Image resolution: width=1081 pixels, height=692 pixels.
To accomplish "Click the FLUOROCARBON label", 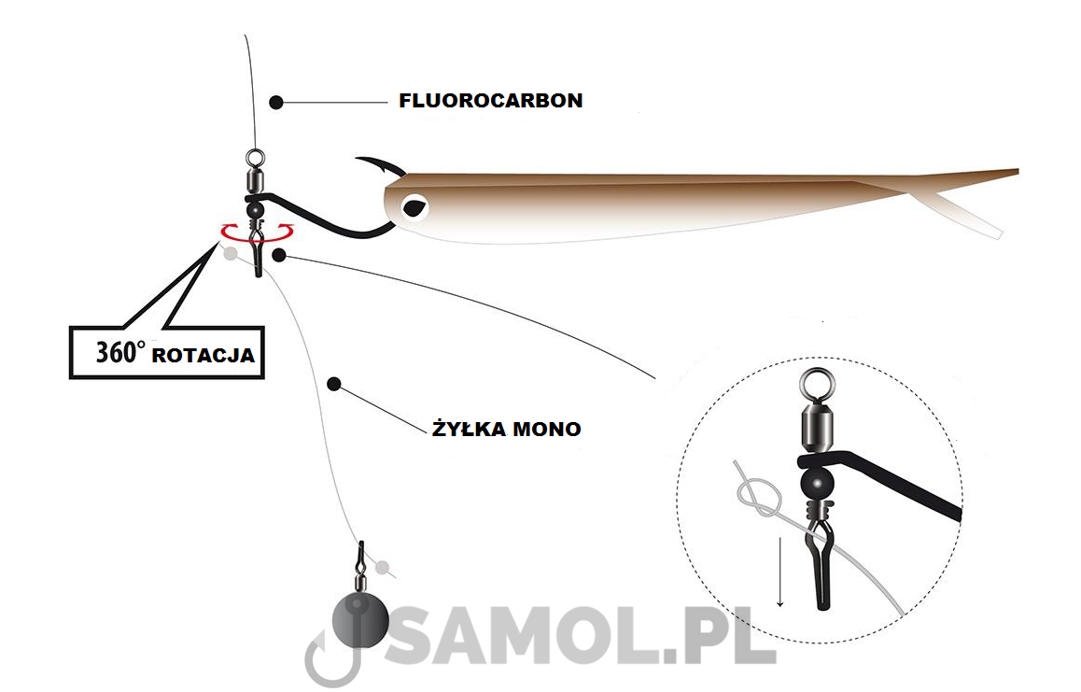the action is (491, 101).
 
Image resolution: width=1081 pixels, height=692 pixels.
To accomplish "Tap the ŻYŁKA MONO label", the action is (507, 429).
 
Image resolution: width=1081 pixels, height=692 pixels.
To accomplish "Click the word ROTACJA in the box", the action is (204, 356).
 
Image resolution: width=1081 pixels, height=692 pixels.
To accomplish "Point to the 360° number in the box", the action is (120, 352).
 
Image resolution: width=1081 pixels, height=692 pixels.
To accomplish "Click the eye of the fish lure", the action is (415, 205).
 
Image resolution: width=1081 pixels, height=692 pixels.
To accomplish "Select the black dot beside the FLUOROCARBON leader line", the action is (276, 103).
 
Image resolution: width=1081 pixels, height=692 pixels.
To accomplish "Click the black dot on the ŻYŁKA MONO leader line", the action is (334, 385).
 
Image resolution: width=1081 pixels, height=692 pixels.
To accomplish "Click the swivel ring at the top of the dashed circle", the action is (818, 385).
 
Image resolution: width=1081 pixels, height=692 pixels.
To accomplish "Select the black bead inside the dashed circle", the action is (817, 484).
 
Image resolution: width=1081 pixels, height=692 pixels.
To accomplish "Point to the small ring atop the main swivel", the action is (255, 159).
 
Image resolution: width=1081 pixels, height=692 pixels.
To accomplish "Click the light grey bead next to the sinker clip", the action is (382, 568).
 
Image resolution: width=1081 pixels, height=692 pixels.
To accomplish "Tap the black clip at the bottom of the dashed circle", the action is (819, 566).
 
